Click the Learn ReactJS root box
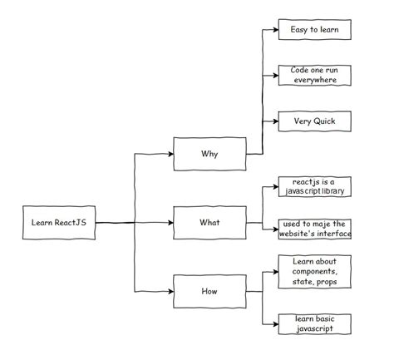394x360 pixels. coord(58,223)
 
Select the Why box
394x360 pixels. coord(209,154)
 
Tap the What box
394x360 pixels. coord(209,223)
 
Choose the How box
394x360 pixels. coord(209,292)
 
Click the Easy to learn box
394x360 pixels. coord(314,29)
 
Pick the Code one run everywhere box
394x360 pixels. coord(314,76)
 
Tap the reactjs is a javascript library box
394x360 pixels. coord(314,187)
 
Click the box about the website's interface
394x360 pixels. coord(314,229)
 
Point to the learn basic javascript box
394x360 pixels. coord(314,323)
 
